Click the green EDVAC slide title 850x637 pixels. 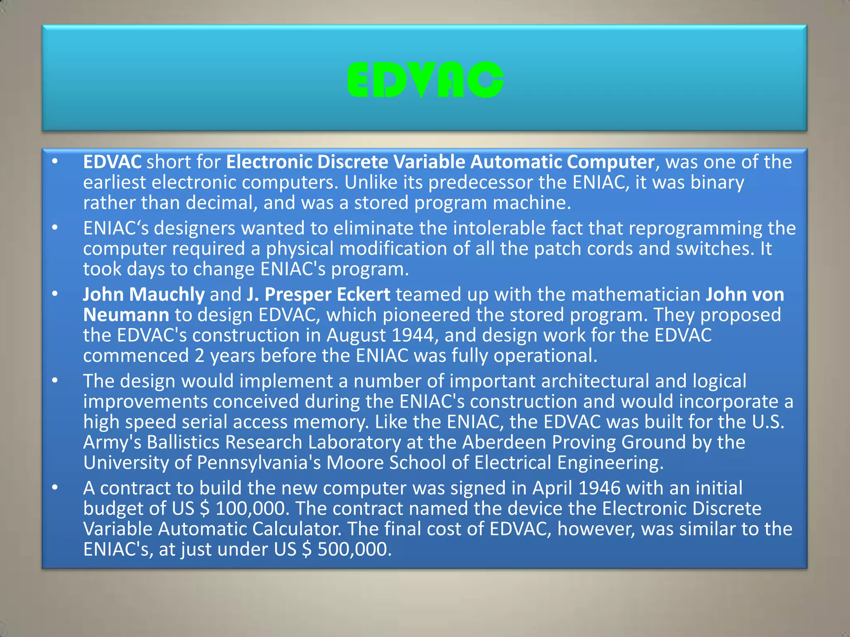pyautogui.click(x=425, y=80)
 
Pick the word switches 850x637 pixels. pyautogui.click(x=714, y=249)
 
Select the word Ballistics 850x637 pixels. pyautogui.click(x=183, y=442)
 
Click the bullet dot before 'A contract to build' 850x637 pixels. pyautogui.click(x=55, y=488)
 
